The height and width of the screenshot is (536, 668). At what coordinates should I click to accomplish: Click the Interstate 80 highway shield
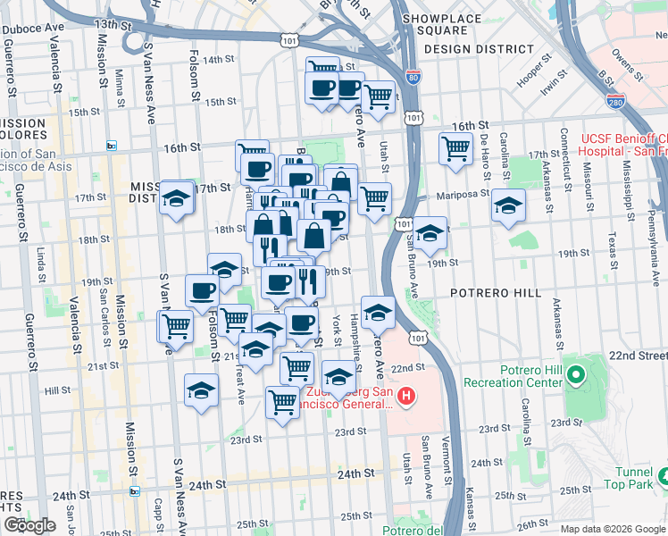click(413, 78)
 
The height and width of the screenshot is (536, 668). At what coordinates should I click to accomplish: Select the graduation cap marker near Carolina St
click(508, 206)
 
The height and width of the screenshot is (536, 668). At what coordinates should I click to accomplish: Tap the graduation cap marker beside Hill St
click(201, 389)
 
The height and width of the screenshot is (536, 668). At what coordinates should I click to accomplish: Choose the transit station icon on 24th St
click(135, 490)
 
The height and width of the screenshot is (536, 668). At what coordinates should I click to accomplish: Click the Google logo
click(29, 525)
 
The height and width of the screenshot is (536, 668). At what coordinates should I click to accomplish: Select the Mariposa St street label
click(463, 195)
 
